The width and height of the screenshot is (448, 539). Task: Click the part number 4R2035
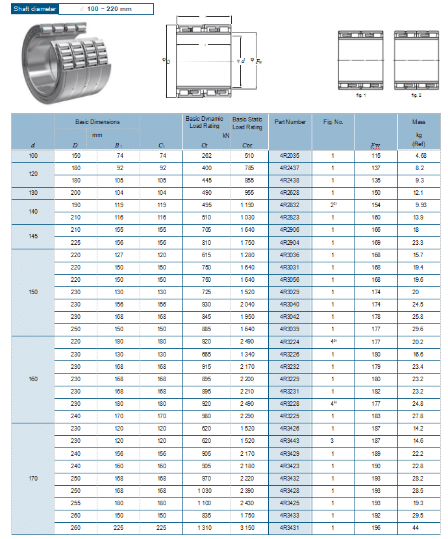point(289,156)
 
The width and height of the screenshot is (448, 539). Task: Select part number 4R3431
point(289,527)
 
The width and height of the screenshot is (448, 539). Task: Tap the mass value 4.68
point(420,156)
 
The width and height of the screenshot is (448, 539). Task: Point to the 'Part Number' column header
point(290,122)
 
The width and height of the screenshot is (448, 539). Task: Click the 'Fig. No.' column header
point(332,122)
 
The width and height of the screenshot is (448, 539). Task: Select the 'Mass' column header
point(419,122)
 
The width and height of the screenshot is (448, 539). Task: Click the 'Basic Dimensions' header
point(97,122)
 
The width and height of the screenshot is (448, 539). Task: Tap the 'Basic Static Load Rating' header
point(247,123)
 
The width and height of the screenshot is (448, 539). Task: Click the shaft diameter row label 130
point(33,193)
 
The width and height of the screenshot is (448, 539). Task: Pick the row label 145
point(33,236)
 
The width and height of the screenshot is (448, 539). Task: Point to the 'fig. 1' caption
point(361,95)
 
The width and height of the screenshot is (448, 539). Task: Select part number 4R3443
point(289,441)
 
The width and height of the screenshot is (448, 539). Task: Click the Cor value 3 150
point(247,527)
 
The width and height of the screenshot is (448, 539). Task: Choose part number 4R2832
point(289,205)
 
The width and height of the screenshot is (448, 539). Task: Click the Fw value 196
point(375,527)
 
